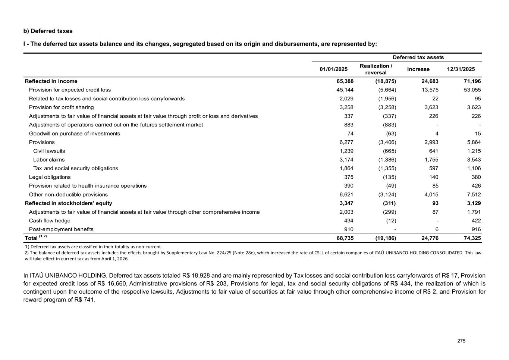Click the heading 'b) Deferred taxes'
point(48,31)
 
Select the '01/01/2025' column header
point(333,69)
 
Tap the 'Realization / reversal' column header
point(376,69)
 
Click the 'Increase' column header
point(418,69)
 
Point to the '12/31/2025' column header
point(461,69)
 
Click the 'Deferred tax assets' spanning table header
point(418,57)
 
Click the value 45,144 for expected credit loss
point(345,90)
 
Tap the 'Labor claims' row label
point(49,160)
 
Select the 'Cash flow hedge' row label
point(50,220)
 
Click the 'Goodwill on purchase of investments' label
point(75,134)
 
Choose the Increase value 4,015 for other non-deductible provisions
point(431,194)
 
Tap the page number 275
point(462,341)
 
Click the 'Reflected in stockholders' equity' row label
point(68,203)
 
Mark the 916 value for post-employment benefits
point(476,229)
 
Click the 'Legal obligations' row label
point(50,177)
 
